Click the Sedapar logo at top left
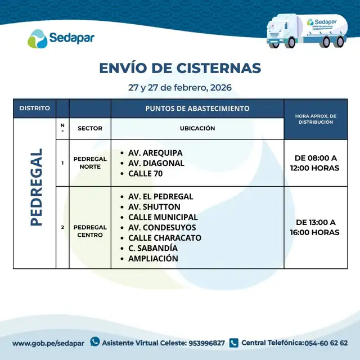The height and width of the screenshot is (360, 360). pos(61,38)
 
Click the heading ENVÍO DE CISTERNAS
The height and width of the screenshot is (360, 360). pos(180,68)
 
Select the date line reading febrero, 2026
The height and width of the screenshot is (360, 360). pos(179,88)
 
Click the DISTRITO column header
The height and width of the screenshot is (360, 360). pos(34,108)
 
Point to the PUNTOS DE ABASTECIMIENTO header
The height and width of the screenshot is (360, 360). pos(197,108)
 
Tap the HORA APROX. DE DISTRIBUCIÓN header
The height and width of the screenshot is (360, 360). pos(317,119)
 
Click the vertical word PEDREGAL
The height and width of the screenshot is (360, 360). pos(35,187)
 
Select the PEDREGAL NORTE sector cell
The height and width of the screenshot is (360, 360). pos(90,163)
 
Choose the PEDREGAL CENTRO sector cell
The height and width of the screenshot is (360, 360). pos(90,231)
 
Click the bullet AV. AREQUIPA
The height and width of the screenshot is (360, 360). pos(155,153)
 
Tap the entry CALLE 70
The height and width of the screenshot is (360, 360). pos(145,174)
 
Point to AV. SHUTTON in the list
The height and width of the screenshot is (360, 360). pos(154,207)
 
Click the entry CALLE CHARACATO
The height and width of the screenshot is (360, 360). pos(164,238)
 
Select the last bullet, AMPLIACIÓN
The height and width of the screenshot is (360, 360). pos(153,259)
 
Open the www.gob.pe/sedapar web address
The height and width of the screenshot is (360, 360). pos(48,343)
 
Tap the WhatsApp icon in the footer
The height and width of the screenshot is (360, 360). pos(95,341)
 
